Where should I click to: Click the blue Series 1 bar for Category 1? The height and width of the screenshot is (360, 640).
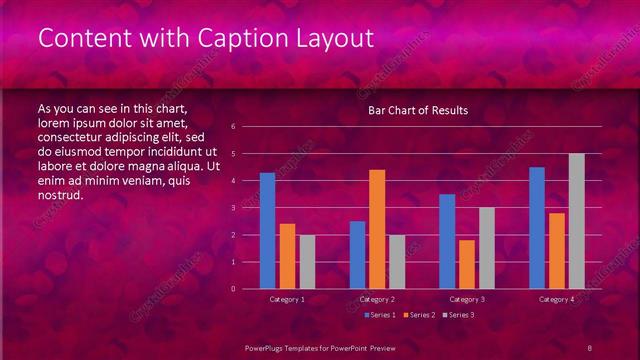point(267,231)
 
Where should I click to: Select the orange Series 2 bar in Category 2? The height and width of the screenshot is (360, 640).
point(377,229)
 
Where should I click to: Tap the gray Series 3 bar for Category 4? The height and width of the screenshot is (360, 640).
point(576,221)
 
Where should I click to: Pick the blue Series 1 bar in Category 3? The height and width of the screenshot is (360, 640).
point(447,241)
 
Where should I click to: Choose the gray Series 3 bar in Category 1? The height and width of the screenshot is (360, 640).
point(307,262)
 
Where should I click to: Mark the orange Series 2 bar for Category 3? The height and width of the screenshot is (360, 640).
point(467,264)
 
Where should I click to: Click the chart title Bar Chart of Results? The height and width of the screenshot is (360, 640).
point(418,110)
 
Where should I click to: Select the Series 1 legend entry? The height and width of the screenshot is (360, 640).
point(381,315)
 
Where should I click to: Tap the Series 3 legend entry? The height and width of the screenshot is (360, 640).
point(459,315)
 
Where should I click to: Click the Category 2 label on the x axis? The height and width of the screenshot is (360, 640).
point(377,299)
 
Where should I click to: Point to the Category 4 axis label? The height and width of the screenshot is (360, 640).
point(557,299)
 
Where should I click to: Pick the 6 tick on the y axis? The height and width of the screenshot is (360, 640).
point(232,127)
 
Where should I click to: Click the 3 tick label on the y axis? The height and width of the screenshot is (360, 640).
point(232,208)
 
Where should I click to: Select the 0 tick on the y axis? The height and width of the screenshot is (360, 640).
point(232,289)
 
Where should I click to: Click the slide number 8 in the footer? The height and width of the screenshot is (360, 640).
point(590,347)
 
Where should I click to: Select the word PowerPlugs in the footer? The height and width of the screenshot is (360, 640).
point(269,347)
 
